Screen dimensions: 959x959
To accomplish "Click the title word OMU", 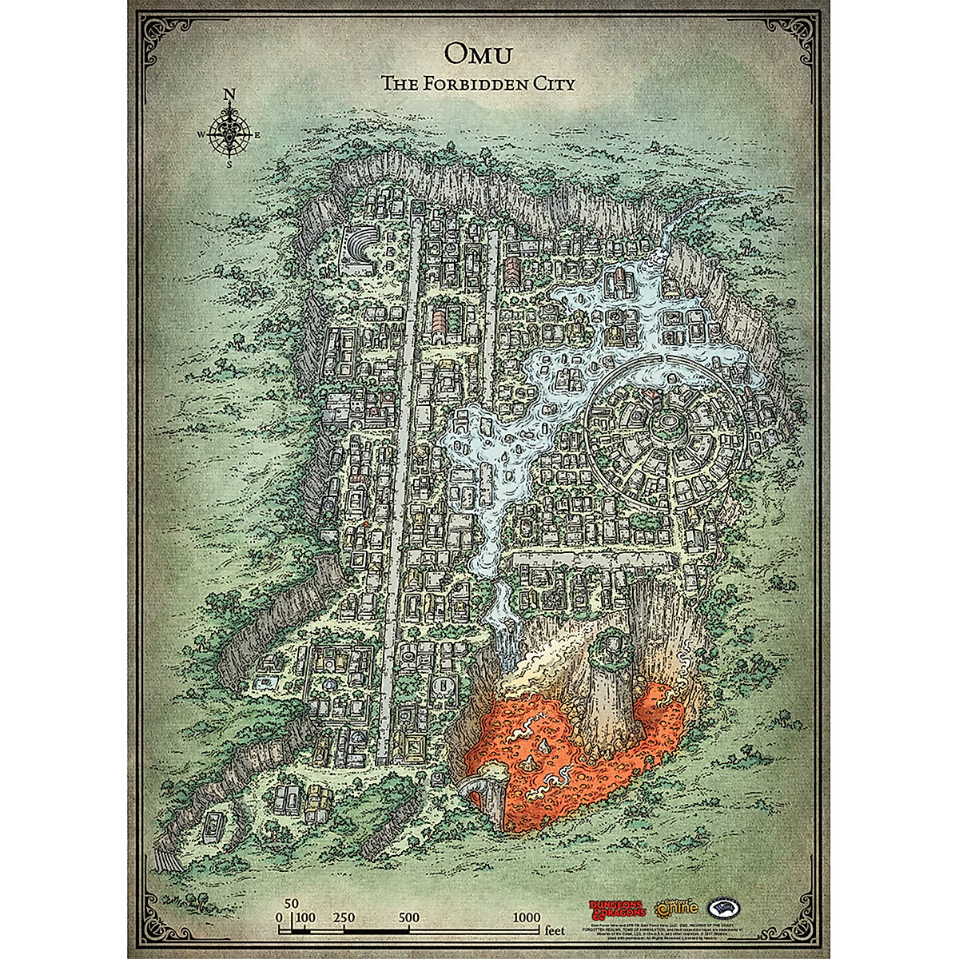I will point(478,51).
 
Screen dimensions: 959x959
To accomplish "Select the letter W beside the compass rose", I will point(201,135).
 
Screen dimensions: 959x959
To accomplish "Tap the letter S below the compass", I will point(229,166).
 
